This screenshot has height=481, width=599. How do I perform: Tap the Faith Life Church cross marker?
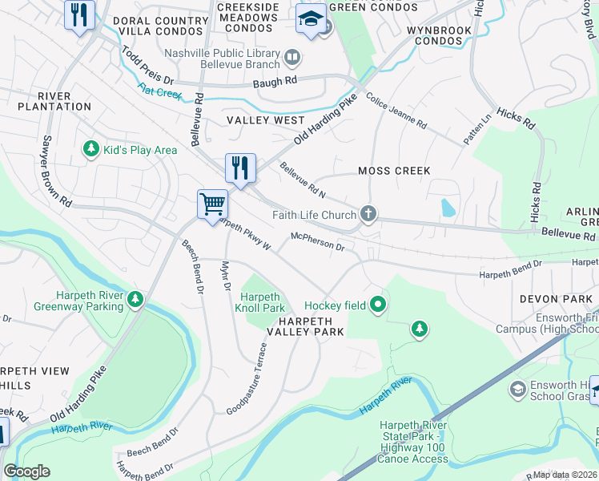(x=368, y=214)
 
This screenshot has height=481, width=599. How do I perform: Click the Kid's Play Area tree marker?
(x=90, y=149)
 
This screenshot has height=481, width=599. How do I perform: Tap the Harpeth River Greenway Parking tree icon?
(x=135, y=300)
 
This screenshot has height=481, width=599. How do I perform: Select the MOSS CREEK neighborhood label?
(x=394, y=171)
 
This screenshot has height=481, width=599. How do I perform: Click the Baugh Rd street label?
(x=275, y=81)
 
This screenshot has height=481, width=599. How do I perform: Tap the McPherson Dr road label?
(x=317, y=241)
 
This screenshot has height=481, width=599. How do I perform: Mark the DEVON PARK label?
(x=549, y=298)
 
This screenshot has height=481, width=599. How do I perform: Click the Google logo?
(x=26, y=471)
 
